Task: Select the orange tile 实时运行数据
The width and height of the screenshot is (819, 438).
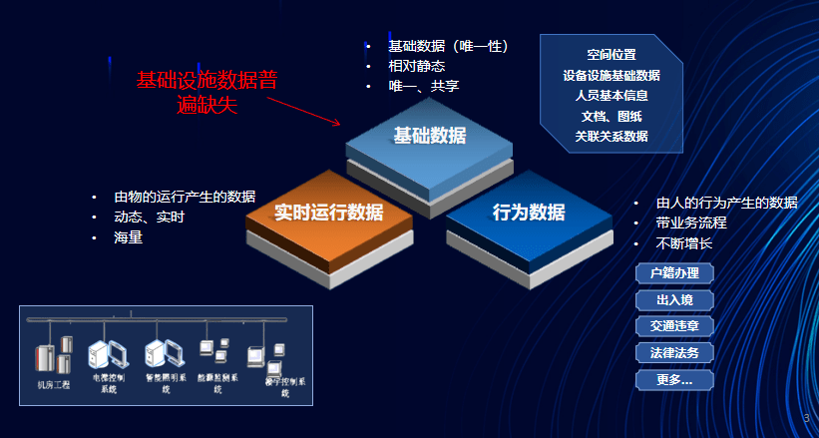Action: pos(328,213)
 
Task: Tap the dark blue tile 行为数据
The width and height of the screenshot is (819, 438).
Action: pos(528,214)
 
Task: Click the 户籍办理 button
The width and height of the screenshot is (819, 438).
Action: pos(674,273)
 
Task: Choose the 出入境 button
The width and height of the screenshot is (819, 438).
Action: pos(674,299)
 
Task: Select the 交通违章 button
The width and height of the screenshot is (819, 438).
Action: pos(674,326)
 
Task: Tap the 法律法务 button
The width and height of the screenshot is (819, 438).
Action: pos(674,352)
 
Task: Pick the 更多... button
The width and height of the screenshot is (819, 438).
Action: pos(674,379)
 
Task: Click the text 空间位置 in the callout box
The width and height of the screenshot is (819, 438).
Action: pos(612,55)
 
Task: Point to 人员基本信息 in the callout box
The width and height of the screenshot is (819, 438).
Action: pos(612,96)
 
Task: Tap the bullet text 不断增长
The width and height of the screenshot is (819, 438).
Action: pos(684,242)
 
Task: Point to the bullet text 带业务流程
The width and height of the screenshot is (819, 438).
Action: pos(691,222)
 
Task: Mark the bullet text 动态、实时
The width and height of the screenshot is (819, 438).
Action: pos(150,217)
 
